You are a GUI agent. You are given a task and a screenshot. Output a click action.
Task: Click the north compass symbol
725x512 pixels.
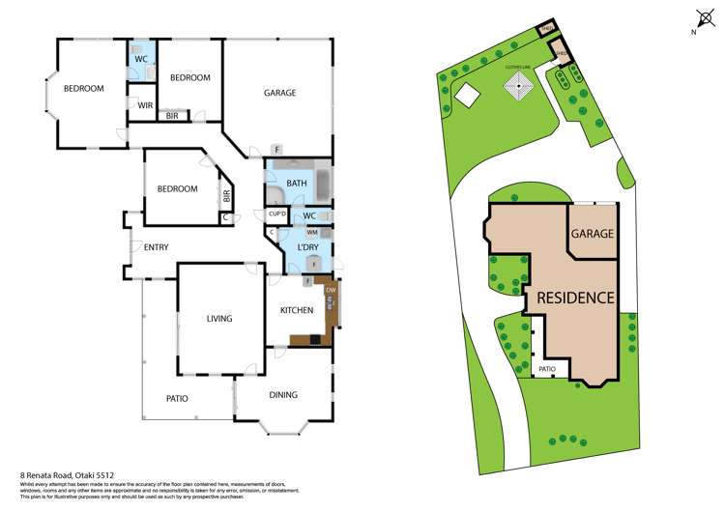(x=702, y=16)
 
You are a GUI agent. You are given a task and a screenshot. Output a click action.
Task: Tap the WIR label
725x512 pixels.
(x=146, y=105)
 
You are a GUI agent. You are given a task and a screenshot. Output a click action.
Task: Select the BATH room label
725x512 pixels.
(x=297, y=183)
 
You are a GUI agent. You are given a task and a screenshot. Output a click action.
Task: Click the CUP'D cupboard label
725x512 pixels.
(x=276, y=213)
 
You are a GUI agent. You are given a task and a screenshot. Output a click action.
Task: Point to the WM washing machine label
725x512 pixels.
(x=312, y=233)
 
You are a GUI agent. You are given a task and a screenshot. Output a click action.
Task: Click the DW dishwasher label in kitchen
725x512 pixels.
(x=331, y=290)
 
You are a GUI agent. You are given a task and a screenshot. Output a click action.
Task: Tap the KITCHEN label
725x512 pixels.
(x=296, y=310)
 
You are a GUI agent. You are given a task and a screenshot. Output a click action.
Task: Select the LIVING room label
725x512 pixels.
(x=221, y=318)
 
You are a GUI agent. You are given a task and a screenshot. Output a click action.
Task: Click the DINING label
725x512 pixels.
(x=283, y=394)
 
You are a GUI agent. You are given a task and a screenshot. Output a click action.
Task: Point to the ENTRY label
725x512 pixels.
(x=156, y=247)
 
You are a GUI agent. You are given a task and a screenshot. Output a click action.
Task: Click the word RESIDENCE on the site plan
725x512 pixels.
(x=575, y=298)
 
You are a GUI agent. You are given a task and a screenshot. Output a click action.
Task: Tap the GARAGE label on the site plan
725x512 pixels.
(x=593, y=234)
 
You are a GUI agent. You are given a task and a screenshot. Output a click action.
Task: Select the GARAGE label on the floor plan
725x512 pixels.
(x=280, y=93)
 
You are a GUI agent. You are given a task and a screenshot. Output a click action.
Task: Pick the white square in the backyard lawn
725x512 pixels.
(x=467, y=95)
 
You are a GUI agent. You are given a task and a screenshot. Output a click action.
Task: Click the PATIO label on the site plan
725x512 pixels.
(x=547, y=369)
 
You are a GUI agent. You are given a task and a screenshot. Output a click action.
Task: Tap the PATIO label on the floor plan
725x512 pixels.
(x=177, y=398)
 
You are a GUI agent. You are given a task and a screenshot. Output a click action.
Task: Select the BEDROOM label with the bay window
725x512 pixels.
(x=84, y=89)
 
